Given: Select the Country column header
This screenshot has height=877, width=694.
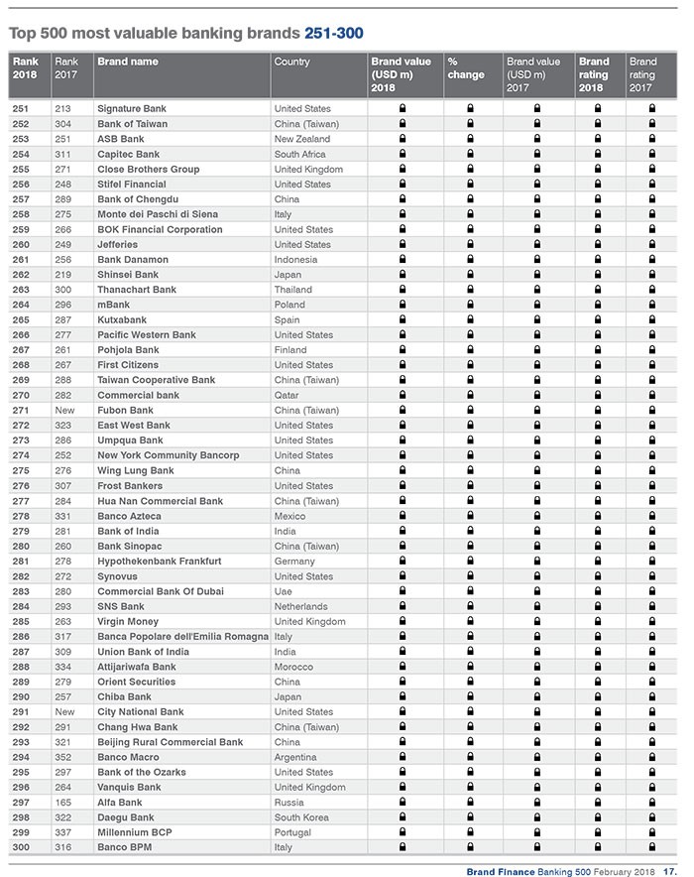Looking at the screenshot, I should (291, 62).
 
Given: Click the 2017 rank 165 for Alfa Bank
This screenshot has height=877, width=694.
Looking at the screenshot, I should (64, 802).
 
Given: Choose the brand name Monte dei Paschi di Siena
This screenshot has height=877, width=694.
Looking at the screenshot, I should (158, 214).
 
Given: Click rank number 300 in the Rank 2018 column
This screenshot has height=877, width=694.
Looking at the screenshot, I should (22, 847).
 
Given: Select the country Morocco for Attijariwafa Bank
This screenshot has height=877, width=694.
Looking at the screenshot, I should (293, 667).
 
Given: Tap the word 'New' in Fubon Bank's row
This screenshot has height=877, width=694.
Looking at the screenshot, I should (65, 410).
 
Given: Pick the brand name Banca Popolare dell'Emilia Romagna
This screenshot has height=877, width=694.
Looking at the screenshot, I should (182, 636).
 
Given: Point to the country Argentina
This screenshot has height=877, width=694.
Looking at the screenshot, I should (296, 757).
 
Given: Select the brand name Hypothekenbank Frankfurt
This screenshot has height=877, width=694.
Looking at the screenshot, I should (159, 561).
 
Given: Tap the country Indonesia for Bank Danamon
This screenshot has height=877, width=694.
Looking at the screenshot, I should (296, 259).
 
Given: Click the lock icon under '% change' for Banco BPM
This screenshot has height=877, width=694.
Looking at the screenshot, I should (470, 847).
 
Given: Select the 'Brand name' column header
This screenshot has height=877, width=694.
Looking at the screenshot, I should (127, 62).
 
